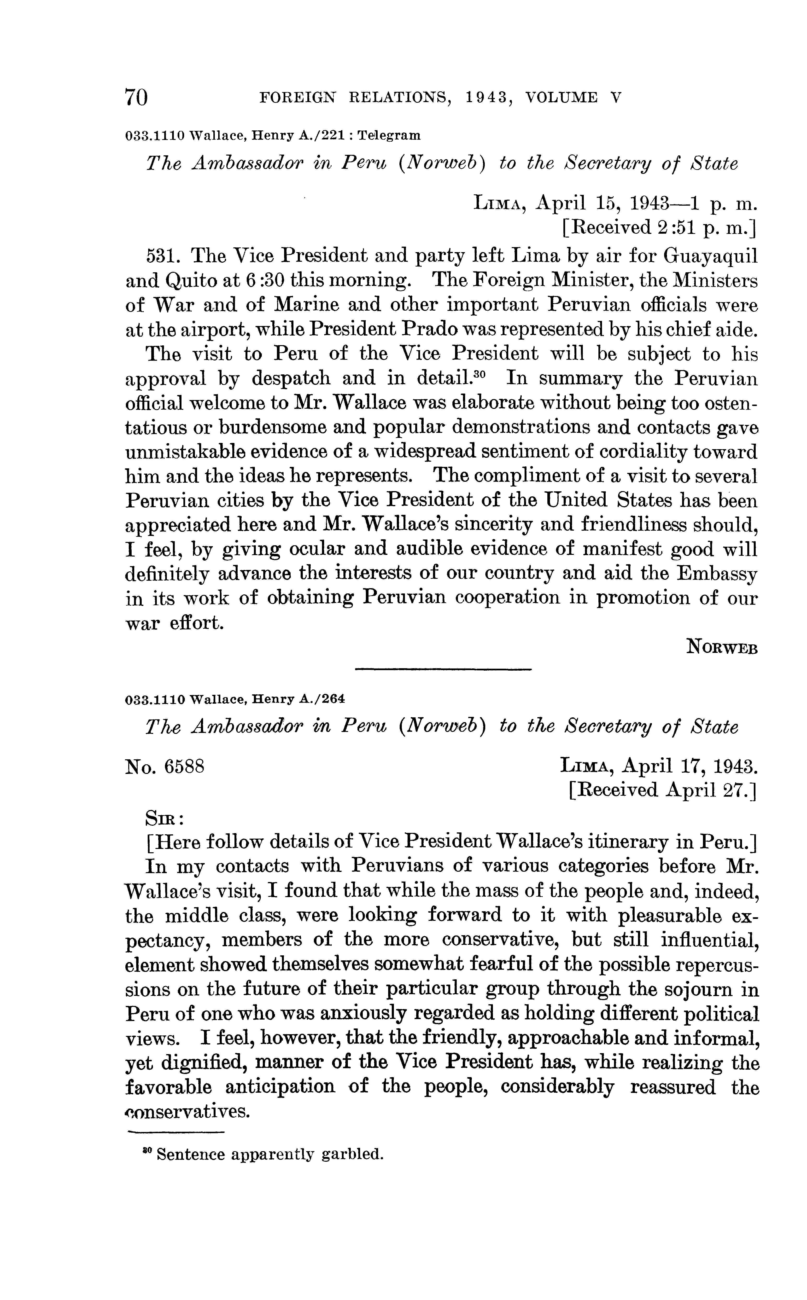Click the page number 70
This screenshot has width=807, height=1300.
[136, 98]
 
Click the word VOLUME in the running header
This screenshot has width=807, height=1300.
[561, 98]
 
